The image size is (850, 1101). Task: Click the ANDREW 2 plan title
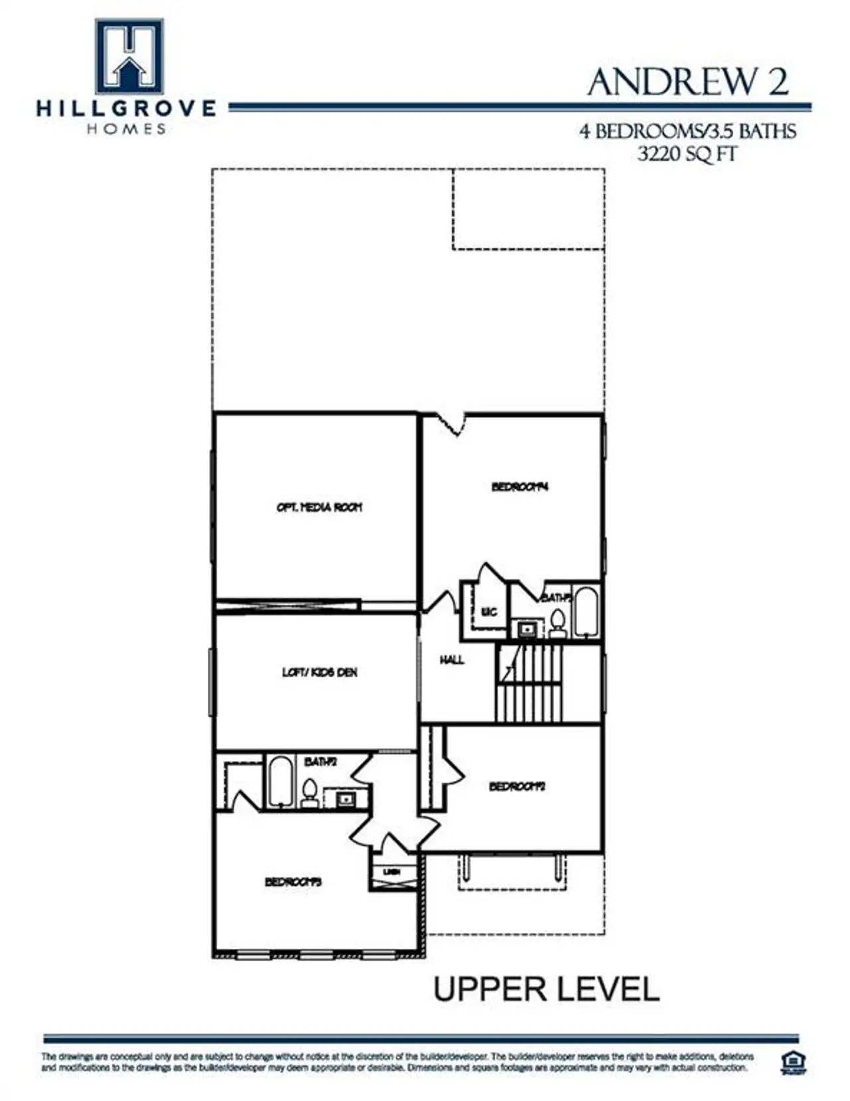click(687, 82)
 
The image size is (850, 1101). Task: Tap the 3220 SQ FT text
click(687, 155)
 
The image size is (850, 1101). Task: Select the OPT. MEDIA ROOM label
click(319, 507)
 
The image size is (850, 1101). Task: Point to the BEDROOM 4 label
click(519, 487)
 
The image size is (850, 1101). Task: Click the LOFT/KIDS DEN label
click(319, 672)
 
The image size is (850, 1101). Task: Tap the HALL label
click(452, 659)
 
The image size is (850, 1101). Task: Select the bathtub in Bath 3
click(586, 611)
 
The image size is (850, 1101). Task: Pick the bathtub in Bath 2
click(280, 782)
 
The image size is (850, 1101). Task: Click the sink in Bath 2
click(345, 799)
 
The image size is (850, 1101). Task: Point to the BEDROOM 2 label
click(517, 786)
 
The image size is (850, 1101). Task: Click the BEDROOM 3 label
click(293, 882)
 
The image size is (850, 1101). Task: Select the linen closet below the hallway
click(393, 876)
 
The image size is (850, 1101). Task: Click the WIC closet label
click(489, 612)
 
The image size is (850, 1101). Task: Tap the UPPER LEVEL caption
click(546, 989)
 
